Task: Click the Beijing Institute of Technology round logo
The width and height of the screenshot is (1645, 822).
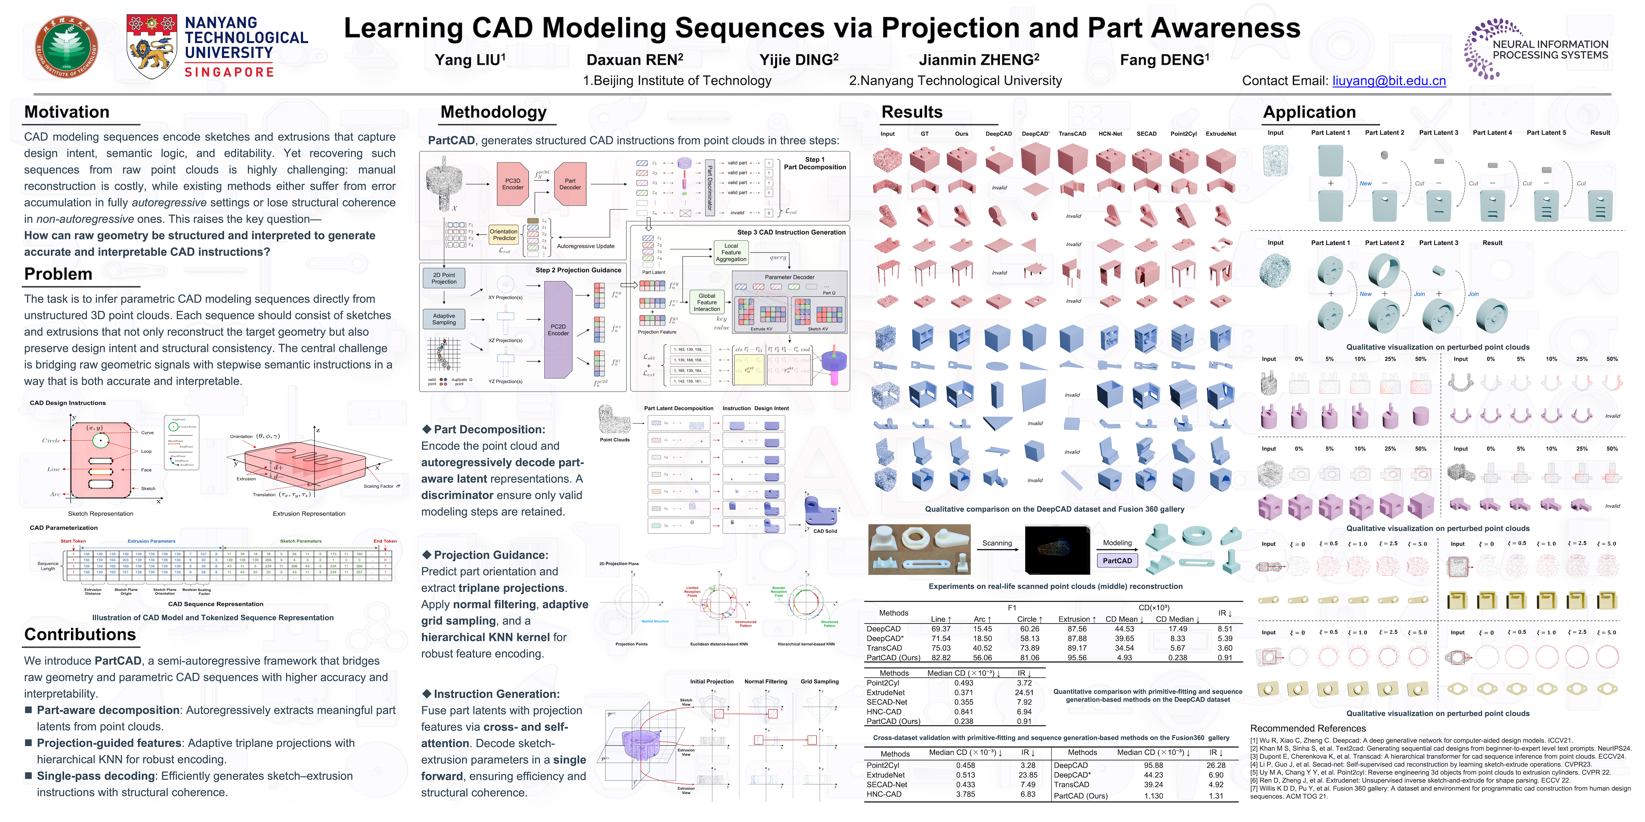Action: click(67, 47)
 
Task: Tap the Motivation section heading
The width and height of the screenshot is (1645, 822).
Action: click(67, 112)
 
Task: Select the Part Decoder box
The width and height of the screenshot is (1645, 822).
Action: click(570, 184)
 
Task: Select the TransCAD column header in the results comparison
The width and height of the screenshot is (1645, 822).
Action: click(1072, 134)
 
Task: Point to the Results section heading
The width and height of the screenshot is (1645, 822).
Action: click(912, 112)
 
